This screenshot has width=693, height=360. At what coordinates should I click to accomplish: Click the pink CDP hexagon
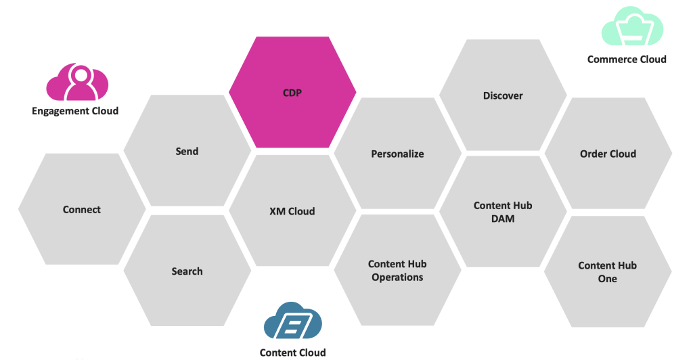coord(292,93)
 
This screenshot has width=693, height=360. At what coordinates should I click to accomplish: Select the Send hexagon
coord(187,151)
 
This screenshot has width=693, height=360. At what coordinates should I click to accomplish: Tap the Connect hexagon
coord(82,210)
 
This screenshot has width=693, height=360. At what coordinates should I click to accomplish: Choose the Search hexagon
coord(187,271)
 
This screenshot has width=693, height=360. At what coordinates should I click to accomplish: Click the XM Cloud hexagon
coord(292,211)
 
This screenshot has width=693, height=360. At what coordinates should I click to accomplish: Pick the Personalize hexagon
coord(397,154)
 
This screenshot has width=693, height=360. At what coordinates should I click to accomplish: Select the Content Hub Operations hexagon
coord(397,271)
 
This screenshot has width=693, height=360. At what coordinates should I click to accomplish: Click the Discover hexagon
coord(503,95)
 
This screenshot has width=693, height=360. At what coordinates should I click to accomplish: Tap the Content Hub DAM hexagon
coord(503,212)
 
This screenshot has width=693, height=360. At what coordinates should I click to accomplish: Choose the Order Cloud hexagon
coord(608,154)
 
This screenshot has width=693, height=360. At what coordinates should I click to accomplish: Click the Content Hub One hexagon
coord(608,272)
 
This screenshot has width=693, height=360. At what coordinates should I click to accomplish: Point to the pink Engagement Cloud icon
coord(76,83)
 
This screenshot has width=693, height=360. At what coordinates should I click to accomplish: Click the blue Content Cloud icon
coord(292,321)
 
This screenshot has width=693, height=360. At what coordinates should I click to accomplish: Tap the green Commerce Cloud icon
coord(632,27)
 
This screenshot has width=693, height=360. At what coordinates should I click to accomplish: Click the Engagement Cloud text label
coord(75,111)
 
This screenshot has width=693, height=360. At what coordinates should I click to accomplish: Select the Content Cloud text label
coord(292,353)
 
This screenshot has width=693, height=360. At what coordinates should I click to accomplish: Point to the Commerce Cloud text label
coord(627,59)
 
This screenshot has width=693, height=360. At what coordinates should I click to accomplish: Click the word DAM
coord(503,219)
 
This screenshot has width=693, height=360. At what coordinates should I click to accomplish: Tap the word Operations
coord(397,277)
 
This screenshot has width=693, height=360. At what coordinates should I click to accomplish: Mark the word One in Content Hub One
coord(608,279)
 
